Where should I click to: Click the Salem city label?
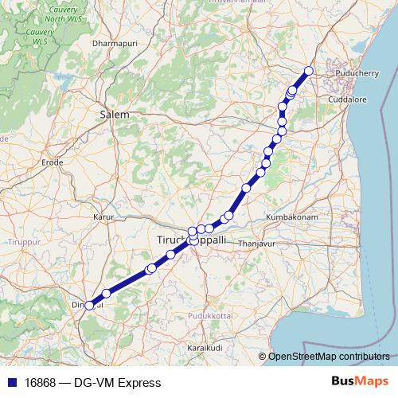click(x=115, y=115)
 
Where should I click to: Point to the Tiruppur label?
click(x=23, y=238)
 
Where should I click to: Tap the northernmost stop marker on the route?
click(x=309, y=72)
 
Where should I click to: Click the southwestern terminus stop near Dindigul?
click(x=89, y=305)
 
